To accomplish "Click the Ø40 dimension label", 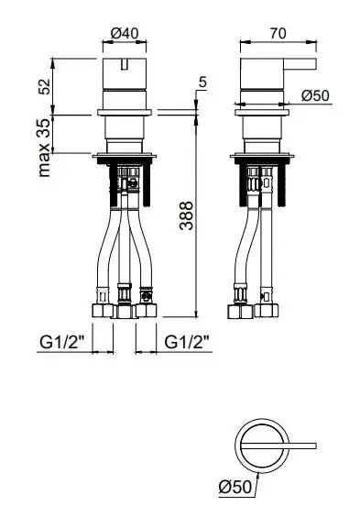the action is coord(125,33).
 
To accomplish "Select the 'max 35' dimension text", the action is coord(44,148).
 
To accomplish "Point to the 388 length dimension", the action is coord(187,215).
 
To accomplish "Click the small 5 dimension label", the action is coord(202,82).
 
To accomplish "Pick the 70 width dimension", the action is coord(278,33).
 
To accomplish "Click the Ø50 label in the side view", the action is coord(315,95).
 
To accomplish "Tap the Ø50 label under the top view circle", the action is coord(235,487).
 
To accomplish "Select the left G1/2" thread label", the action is coord(62,343).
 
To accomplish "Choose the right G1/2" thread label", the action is coord(187,343).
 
